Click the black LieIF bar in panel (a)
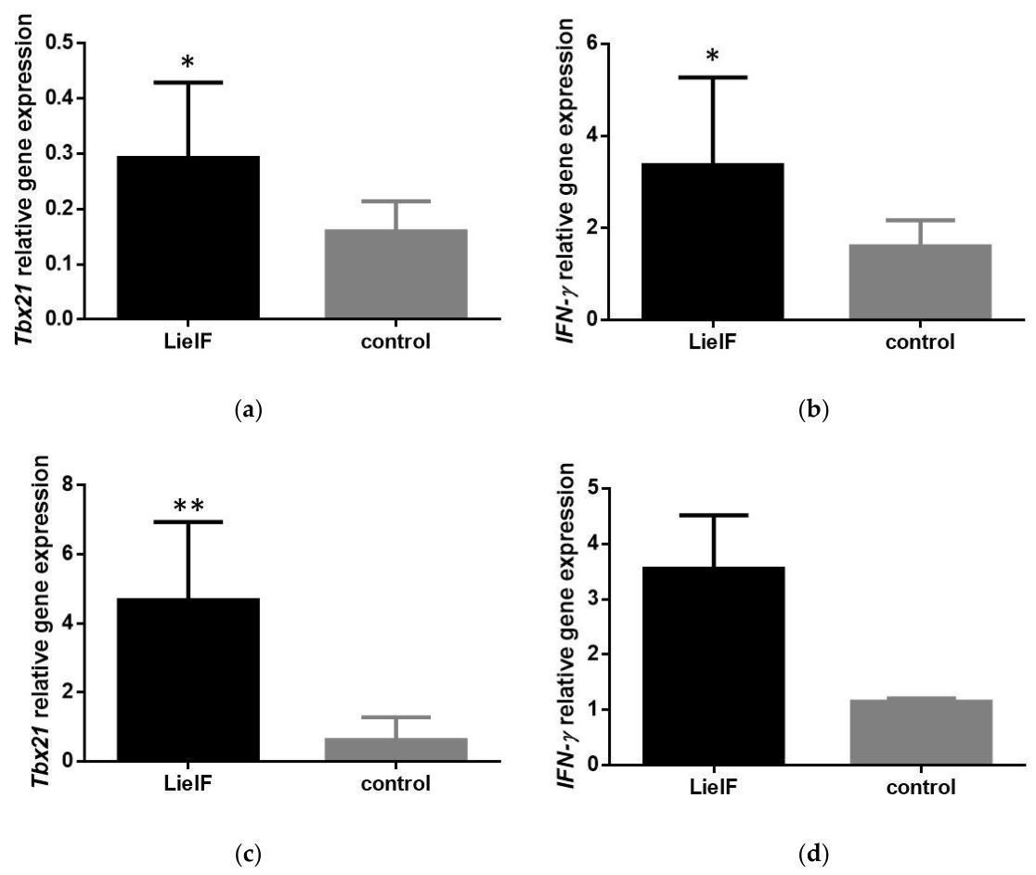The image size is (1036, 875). [x=188, y=238]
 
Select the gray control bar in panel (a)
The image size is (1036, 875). [x=395, y=274]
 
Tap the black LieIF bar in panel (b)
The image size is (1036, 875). [x=713, y=241]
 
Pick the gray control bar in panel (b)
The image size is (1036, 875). [x=920, y=282]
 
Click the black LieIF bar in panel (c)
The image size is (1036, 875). [x=188, y=679]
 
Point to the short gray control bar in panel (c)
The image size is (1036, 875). [x=395, y=750]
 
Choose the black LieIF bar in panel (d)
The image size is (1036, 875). [x=714, y=665]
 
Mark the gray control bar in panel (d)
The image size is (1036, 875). [x=921, y=731]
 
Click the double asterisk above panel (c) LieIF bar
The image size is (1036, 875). [x=188, y=507]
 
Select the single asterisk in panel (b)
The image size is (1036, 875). [x=712, y=56]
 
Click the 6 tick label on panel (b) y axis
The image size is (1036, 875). [x=592, y=44]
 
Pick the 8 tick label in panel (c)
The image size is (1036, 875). [x=68, y=484]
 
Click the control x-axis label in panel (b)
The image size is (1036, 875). [x=920, y=342]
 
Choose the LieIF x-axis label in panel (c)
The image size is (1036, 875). [x=188, y=783]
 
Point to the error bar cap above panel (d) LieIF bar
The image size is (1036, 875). [x=714, y=515]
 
